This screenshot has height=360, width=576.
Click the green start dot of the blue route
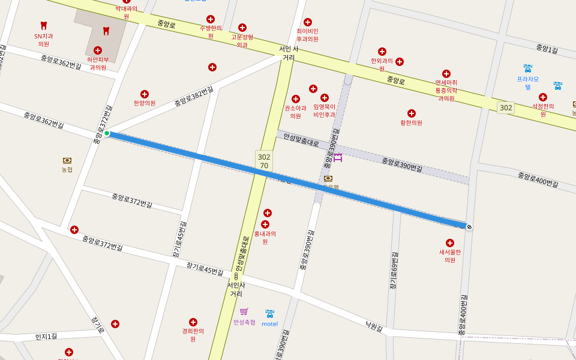107,133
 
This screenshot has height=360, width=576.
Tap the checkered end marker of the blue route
469,227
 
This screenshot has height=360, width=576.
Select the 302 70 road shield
264,161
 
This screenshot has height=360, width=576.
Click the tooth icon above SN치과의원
43,25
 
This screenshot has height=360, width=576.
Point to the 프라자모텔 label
528,83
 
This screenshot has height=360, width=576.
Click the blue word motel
269,324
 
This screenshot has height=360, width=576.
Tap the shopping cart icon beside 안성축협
244,311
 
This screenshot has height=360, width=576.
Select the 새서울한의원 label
450,256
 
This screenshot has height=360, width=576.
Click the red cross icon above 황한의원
412,113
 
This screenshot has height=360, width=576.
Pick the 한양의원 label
145,103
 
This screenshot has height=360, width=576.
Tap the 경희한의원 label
193,335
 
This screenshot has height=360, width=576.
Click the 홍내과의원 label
265,238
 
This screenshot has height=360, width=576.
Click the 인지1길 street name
46,337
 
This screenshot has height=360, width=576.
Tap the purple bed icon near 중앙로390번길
338,158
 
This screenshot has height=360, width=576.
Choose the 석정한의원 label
543,110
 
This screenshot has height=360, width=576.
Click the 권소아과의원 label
295,112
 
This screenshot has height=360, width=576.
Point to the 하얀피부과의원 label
98,64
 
